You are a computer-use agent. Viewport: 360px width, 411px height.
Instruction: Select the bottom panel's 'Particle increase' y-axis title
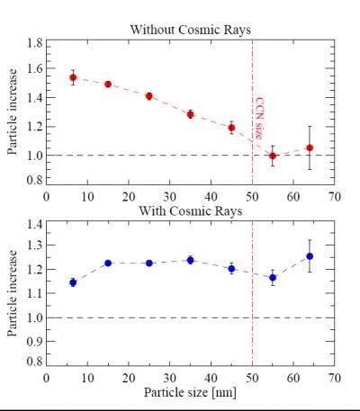click(13, 293)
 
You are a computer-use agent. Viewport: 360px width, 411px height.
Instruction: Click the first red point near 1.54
click(74, 78)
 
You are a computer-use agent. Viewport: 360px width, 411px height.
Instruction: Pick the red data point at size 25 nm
click(149, 96)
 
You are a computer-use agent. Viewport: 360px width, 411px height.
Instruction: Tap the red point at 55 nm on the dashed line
click(273, 156)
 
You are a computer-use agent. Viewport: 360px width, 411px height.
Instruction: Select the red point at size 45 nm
click(231, 128)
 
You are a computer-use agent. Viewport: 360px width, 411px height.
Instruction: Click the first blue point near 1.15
click(74, 282)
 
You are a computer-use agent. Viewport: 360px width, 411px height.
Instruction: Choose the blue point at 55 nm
click(273, 277)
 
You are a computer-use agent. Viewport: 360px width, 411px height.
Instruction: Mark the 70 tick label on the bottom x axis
click(334, 378)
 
